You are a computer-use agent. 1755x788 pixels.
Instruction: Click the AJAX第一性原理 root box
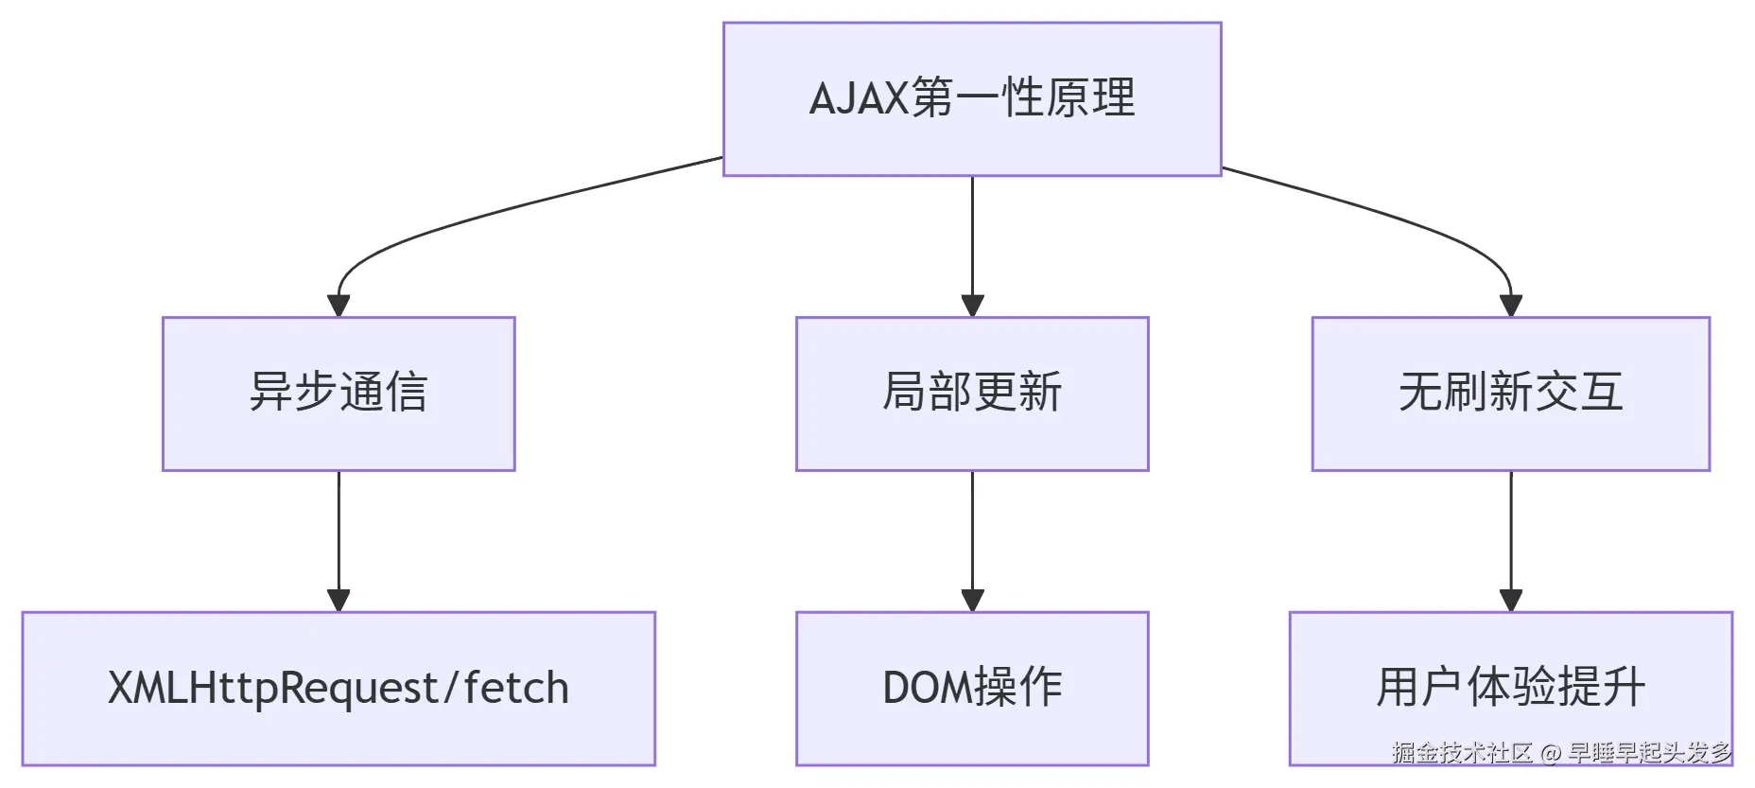972,99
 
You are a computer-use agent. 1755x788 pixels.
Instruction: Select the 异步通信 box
339,394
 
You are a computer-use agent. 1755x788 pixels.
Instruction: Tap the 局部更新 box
972,394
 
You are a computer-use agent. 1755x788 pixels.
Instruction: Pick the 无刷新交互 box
1511,394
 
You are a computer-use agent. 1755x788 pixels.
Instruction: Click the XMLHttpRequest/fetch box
339,689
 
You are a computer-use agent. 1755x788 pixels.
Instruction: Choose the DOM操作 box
972,689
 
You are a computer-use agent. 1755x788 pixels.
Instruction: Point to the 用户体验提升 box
1511,689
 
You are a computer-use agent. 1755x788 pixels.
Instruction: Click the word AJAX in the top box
859,98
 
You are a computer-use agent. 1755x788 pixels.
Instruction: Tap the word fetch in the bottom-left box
516,688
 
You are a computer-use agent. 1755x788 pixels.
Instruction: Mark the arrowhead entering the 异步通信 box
339,306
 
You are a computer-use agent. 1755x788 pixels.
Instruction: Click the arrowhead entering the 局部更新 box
972,306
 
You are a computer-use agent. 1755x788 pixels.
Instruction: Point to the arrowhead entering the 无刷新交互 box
1511,306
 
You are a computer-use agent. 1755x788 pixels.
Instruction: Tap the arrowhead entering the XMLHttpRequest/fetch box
339,601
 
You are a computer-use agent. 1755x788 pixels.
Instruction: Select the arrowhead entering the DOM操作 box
972,601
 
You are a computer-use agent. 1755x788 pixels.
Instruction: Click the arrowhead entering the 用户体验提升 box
1511,601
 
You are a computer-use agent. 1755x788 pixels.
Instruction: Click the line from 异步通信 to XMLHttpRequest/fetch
339,531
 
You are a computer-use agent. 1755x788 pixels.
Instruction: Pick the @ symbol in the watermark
1550,754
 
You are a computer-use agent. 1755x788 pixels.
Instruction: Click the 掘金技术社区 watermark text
1462,753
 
